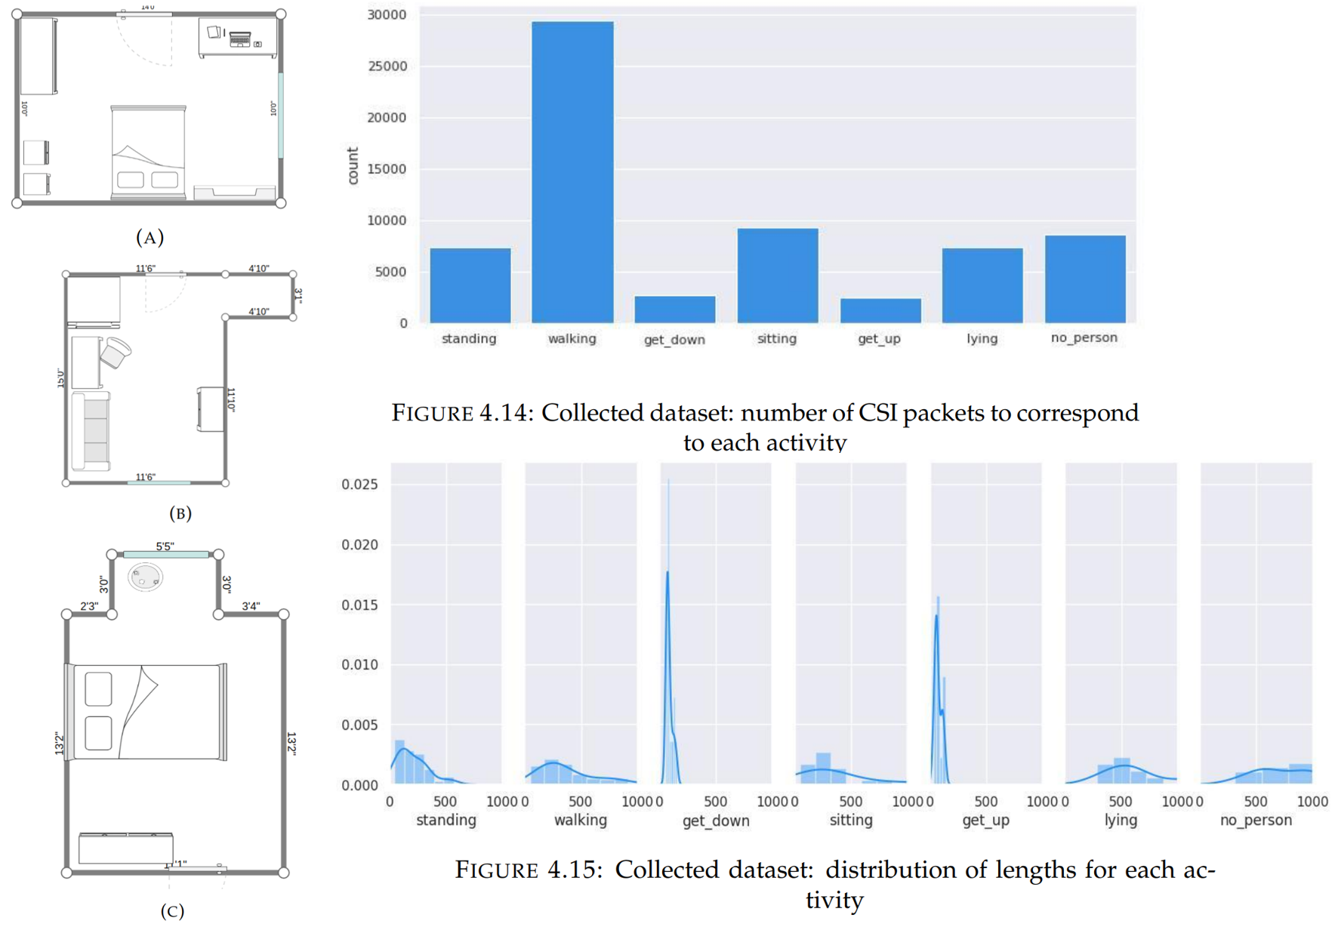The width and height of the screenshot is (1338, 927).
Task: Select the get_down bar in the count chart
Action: click(674, 310)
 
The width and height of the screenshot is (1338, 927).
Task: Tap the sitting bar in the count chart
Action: click(777, 276)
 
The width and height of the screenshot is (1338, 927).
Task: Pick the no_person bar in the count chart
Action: click(1085, 279)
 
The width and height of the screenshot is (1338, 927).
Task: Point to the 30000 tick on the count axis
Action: click(387, 15)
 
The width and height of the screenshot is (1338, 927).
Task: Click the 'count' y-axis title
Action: click(353, 166)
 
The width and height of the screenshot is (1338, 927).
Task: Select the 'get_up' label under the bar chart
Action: click(879, 339)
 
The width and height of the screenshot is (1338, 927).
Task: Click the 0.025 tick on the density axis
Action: click(360, 484)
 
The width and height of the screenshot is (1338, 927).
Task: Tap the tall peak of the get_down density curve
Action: click(667, 574)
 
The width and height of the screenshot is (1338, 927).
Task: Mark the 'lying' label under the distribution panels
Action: click(1121, 821)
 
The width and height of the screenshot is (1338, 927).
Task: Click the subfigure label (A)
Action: click(150, 238)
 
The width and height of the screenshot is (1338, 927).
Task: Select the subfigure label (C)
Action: click(172, 911)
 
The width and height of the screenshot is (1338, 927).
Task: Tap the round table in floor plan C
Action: click(145, 578)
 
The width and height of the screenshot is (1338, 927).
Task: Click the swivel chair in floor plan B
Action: click(116, 352)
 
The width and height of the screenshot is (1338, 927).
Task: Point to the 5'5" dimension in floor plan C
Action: click(165, 546)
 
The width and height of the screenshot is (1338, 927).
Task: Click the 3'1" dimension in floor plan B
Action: click(298, 295)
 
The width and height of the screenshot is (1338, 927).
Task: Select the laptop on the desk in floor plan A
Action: click(240, 38)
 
